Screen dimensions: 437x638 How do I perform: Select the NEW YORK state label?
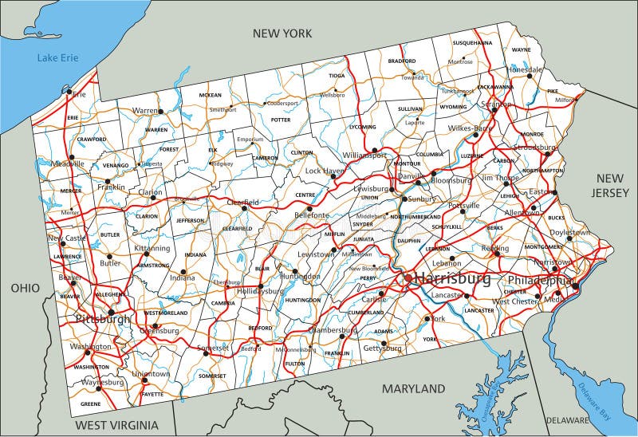click(x=282, y=33)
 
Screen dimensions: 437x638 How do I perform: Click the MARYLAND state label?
click(x=413, y=388)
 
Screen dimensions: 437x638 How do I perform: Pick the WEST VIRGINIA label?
click(x=122, y=424)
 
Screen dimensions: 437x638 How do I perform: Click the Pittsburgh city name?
click(x=102, y=319)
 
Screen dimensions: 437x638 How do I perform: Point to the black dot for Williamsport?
click(x=373, y=149)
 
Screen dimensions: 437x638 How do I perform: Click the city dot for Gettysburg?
click(x=384, y=344)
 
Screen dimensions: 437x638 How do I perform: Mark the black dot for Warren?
click(x=159, y=112)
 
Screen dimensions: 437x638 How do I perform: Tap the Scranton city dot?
click(x=494, y=111)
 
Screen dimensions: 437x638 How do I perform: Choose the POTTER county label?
click(x=281, y=120)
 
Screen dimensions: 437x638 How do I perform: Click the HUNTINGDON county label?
click(x=302, y=300)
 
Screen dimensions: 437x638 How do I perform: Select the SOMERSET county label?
click(x=212, y=375)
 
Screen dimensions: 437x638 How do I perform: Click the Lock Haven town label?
click(x=323, y=171)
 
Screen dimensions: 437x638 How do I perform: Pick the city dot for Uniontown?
click(x=144, y=380)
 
